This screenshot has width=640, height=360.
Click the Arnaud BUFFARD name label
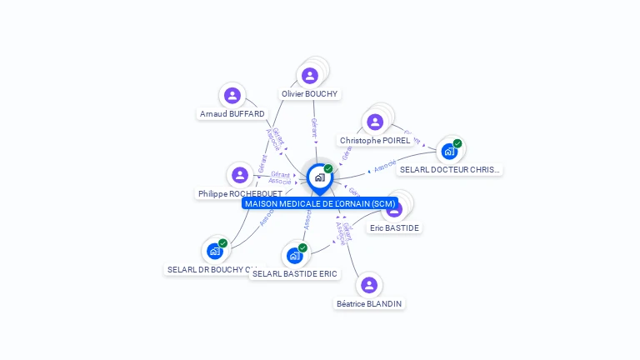point(232,113)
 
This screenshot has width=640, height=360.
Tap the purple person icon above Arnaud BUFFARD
point(232,95)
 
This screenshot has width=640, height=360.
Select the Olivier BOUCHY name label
point(309,94)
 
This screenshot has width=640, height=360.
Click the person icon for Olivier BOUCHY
point(310,76)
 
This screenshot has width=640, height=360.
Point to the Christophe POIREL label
point(375,141)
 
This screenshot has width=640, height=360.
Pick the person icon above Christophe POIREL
point(375,122)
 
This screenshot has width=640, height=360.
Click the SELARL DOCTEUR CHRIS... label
point(450,169)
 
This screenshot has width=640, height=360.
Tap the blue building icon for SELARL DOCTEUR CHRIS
point(450,151)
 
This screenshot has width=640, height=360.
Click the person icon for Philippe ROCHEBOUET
point(240,175)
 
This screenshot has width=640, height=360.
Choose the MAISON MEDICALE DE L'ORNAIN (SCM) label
point(320,203)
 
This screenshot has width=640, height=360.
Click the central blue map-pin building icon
point(319,177)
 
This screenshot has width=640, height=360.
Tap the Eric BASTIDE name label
point(394,227)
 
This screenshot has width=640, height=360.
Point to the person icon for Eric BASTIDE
point(395,208)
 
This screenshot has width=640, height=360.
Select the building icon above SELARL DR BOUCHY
point(215,250)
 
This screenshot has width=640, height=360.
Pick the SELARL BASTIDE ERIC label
point(295,273)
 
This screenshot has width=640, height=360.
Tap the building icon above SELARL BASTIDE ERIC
point(295,255)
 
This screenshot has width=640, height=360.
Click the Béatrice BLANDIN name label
point(369,304)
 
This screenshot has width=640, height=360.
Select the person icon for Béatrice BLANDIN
point(369,285)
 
